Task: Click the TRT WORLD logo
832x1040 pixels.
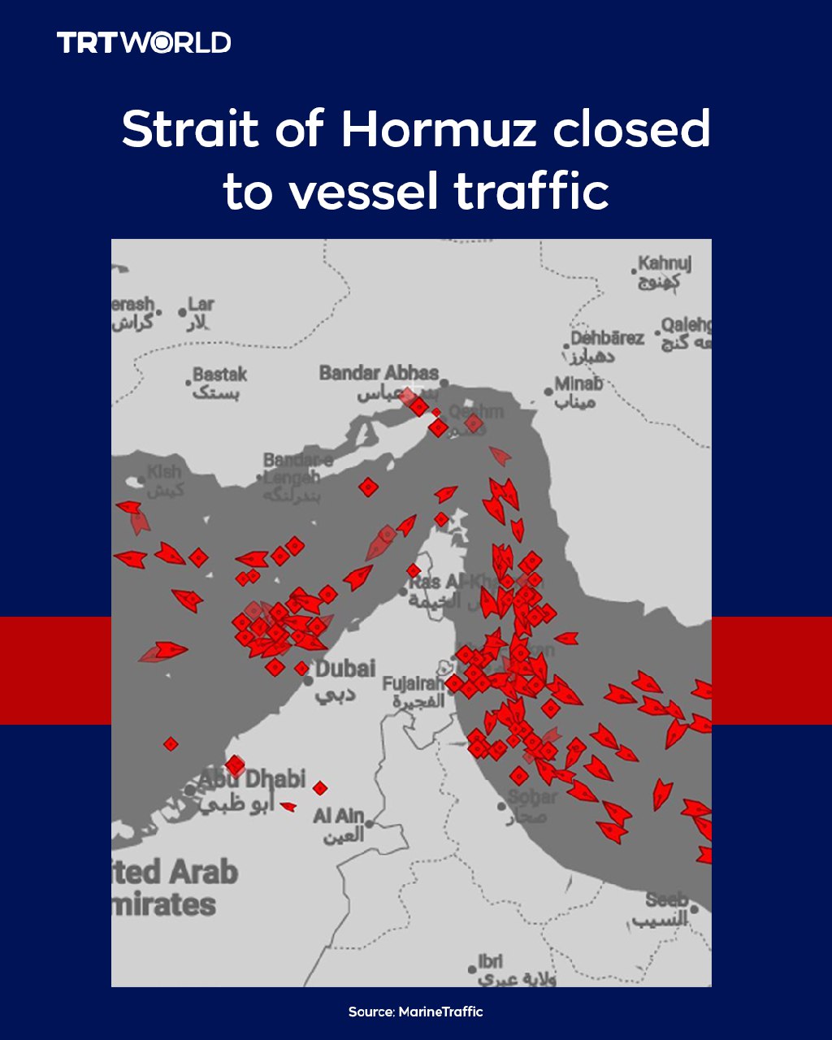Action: (x=144, y=43)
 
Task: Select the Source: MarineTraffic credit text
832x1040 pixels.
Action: (x=416, y=1012)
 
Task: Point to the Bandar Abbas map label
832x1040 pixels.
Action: (x=379, y=374)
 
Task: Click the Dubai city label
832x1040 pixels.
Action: (x=345, y=669)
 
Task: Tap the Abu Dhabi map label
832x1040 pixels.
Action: (x=252, y=778)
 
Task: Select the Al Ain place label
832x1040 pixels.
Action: (x=339, y=816)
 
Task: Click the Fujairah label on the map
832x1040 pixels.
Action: (x=414, y=683)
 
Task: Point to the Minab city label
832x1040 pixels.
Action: (x=578, y=383)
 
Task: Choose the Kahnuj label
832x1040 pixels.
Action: (x=665, y=264)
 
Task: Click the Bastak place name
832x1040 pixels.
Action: (x=219, y=375)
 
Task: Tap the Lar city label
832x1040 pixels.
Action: (x=201, y=305)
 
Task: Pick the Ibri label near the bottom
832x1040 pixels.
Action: (x=491, y=961)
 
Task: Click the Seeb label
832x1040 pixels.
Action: (x=667, y=900)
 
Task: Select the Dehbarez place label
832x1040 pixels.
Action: (x=607, y=338)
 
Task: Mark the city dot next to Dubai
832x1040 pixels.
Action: (x=309, y=679)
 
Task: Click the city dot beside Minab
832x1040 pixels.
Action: (x=549, y=392)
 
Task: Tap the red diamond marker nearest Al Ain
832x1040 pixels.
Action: (x=320, y=787)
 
